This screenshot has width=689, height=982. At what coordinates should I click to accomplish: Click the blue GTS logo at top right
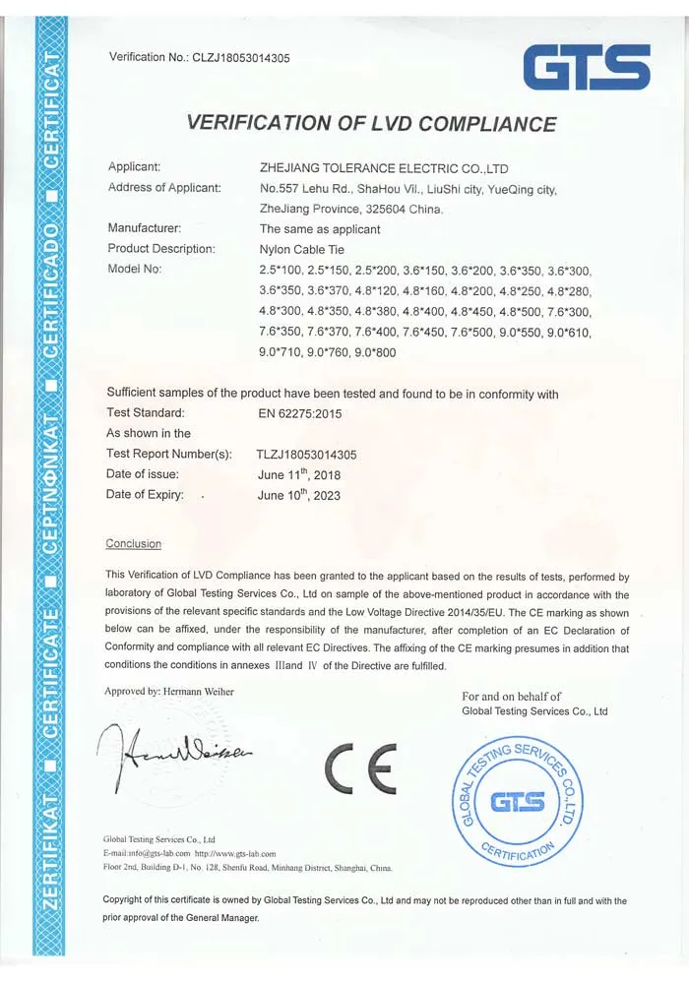[586, 67]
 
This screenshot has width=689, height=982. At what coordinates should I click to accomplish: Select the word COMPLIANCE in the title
[488, 124]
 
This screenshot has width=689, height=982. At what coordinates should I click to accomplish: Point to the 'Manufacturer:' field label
[145, 228]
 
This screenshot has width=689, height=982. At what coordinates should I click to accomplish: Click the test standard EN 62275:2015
[299, 414]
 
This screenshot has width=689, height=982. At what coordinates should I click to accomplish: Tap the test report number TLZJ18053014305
[306, 455]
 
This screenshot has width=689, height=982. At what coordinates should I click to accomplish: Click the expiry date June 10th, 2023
[298, 495]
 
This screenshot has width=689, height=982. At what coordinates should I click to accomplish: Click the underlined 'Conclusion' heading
[134, 544]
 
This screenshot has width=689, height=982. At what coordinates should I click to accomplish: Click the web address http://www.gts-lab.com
[235, 854]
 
